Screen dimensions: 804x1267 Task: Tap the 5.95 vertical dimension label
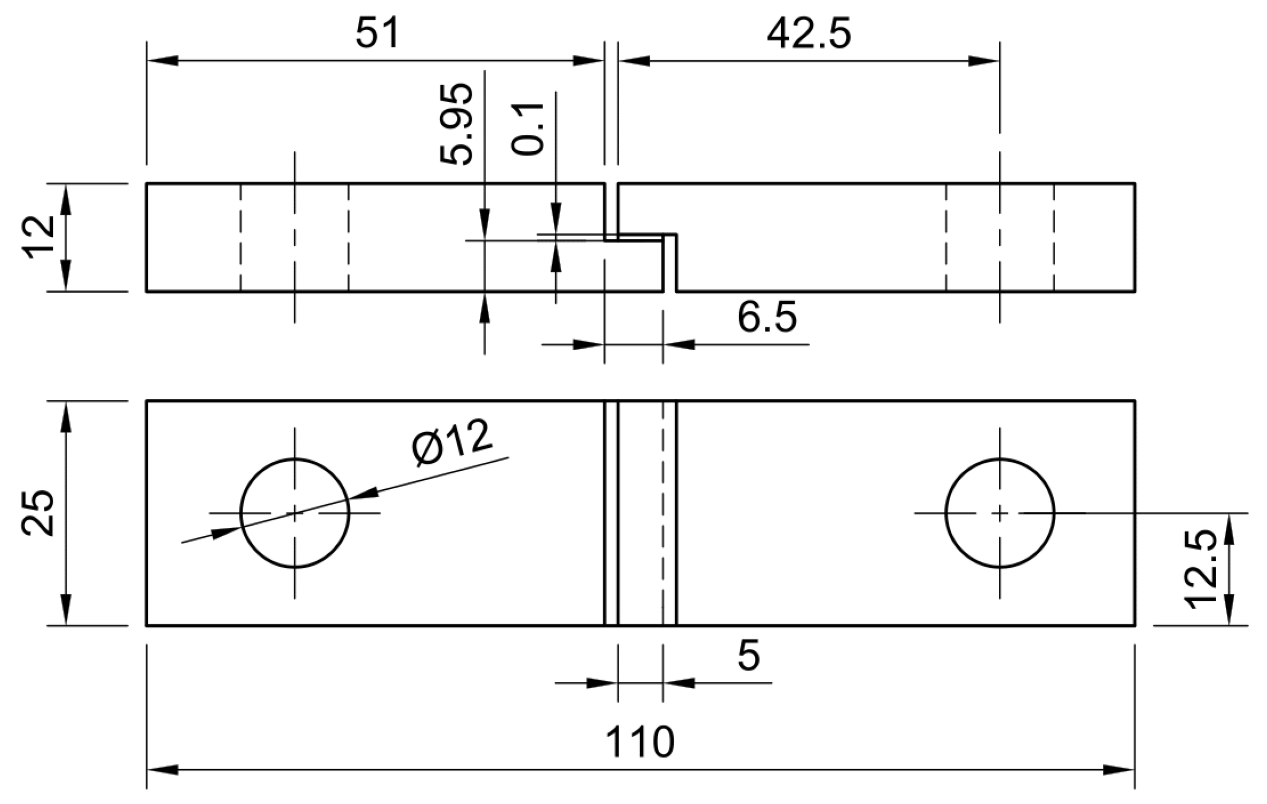click(456, 124)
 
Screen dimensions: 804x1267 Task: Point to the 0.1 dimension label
click(528, 129)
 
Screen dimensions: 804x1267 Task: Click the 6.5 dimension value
click(767, 318)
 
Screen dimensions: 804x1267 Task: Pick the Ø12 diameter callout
click(451, 442)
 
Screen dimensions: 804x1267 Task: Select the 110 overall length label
click(640, 743)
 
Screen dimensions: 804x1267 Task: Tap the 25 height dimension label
click(38, 512)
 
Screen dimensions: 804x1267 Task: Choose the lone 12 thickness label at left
click(38, 237)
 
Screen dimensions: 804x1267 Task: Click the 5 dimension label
click(748, 656)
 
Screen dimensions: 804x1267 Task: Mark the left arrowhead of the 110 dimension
click(161, 770)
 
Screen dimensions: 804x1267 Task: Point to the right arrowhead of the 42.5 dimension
click(983, 61)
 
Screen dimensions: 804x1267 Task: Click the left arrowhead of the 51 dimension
click(161, 61)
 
